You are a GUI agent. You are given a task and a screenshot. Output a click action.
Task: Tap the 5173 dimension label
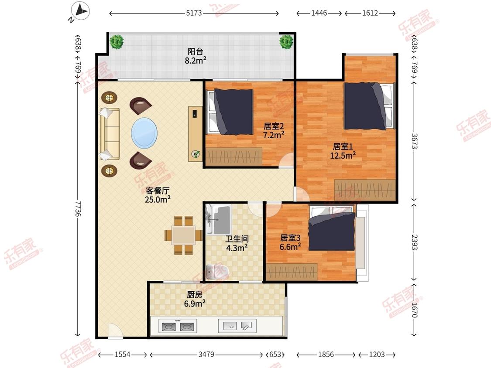(194, 13)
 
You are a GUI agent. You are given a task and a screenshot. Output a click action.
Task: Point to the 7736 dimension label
(78, 208)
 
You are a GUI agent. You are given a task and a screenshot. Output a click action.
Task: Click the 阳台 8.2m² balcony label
(196, 56)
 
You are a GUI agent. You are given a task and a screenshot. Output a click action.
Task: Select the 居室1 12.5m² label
(343, 151)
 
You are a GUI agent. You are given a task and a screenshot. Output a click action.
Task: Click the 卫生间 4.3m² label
(237, 243)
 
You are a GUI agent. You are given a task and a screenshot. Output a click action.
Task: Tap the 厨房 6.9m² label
(195, 299)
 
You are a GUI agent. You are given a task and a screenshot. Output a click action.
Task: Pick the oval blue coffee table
(144, 133)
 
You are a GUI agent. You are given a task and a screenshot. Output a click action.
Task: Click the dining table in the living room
(183, 235)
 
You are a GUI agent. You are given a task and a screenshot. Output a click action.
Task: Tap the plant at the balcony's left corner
(117, 41)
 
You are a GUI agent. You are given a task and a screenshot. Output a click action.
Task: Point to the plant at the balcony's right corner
(286, 41)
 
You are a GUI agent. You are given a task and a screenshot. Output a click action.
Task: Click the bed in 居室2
(230, 112)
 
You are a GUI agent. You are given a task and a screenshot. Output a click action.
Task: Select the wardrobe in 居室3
(292, 272)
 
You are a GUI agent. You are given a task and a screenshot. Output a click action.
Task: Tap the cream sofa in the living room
(110, 134)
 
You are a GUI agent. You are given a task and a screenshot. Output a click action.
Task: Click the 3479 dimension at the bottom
(206, 354)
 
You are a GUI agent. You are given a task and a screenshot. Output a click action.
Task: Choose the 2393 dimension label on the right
(414, 242)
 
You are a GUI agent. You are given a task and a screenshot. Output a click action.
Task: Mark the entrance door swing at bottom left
(115, 330)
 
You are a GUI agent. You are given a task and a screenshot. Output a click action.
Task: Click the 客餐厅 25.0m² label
(158, 195)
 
